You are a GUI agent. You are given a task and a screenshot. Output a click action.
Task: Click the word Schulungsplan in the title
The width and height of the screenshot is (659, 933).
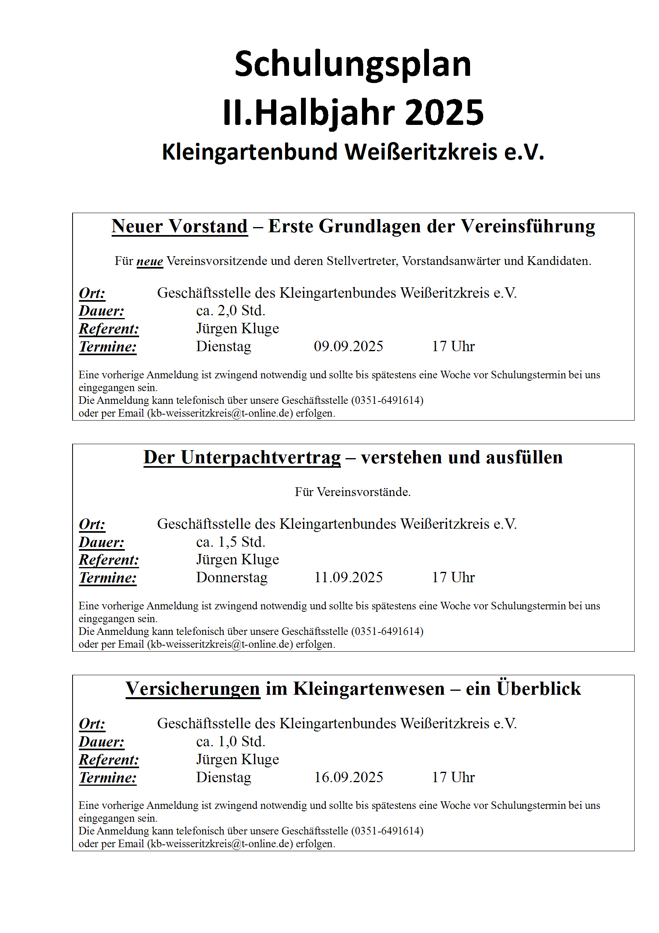(x=352, y=64)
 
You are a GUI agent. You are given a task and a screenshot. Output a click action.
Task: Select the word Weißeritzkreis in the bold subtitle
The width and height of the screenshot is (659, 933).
(x=421, y=152)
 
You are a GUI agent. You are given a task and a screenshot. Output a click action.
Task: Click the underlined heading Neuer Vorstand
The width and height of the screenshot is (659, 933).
(x=179, y=226)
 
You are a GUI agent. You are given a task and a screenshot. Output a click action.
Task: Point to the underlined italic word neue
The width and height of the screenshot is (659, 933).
(x=150, y=261)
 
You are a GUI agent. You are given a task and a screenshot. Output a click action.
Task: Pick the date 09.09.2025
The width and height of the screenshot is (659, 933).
(x=348, y=346)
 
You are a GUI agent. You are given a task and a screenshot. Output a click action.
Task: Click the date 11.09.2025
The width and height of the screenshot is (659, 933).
(x=348, y=577)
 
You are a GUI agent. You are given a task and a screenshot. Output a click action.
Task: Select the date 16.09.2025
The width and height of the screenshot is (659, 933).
(x=348, y=777)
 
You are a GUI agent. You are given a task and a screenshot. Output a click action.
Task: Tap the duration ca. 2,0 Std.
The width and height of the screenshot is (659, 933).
(x=230, y=311)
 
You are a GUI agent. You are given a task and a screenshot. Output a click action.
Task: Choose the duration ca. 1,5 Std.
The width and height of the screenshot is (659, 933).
(x=230, y=542)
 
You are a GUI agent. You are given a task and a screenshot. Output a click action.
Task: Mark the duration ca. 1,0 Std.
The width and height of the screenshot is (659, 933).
(x=230, y=741)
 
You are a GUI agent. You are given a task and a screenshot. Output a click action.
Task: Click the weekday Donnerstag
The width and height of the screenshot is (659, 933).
(x=232, y=577)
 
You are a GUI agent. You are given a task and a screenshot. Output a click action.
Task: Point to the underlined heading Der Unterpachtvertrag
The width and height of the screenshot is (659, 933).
(x=242, y=458)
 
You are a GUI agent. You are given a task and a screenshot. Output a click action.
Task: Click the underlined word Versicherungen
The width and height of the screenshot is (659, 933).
(x=193, y=689)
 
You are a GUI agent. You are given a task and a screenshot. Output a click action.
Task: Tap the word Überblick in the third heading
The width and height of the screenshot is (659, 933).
(x=539, y=689)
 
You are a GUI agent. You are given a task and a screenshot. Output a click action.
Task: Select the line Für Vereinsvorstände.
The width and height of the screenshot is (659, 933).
(x=352, y=492)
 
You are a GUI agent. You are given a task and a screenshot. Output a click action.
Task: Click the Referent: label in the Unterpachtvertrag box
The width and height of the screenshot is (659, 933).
(x=109, y=560)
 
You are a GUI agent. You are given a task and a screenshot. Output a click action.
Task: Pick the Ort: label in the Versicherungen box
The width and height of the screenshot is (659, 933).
(x=92, y=724)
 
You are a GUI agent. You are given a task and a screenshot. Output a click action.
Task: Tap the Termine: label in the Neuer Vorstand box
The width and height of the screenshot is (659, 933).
(x=108, y=347)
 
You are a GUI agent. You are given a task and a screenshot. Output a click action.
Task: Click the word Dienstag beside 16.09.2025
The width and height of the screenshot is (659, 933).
(x=223, y=777)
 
